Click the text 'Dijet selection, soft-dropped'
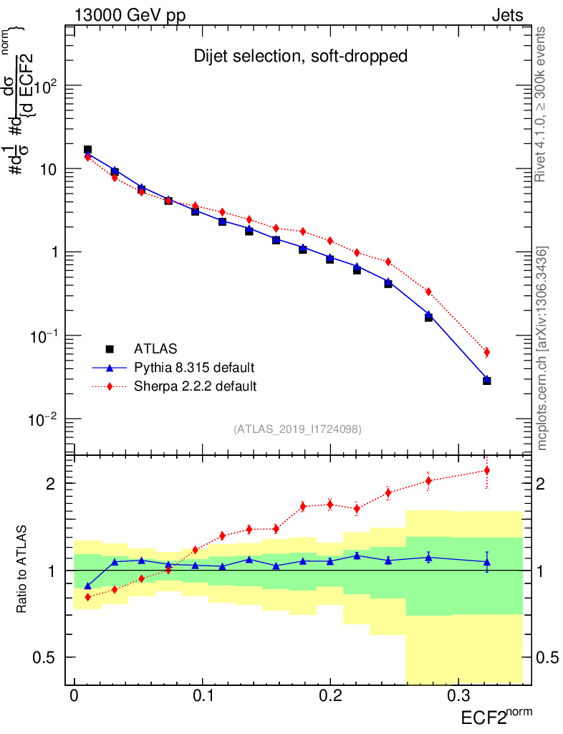click(x=301, y=56)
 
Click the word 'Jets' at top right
click(x=506, y=15)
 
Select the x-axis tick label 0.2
click(x=329, y=697)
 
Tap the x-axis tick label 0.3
click(x=458, y=697)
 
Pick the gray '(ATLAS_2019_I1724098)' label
click(x=297, y=429)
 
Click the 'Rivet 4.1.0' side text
click(x=542, y=104)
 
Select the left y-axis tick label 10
click(x=49, y=169)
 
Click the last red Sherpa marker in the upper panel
click(x=487, y=352)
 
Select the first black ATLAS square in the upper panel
click(x=87, y=150)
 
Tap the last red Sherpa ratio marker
click(x=487, y=470)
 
